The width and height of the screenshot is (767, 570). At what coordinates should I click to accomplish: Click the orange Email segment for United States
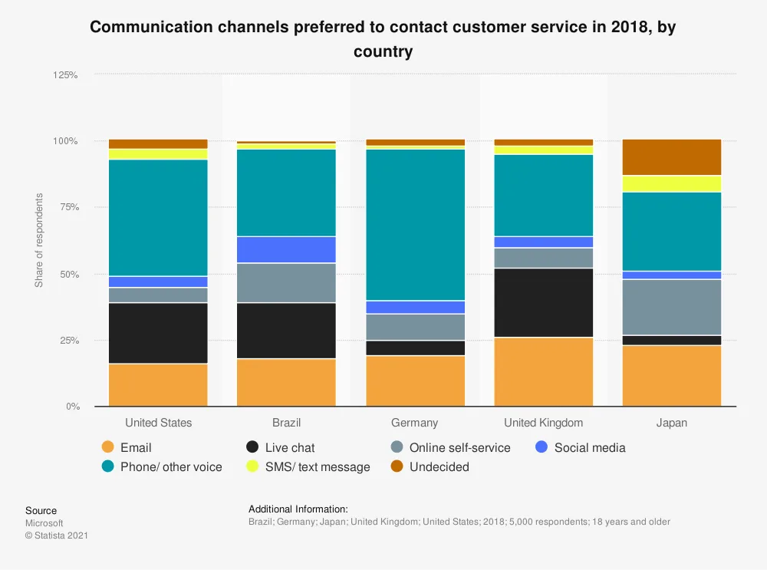(158, 384)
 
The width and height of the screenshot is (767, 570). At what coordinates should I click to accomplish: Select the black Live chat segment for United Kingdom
(544, 303)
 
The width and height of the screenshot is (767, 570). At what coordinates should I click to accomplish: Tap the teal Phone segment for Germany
(415, 225)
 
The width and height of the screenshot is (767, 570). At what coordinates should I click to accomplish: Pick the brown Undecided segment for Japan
(672, 157)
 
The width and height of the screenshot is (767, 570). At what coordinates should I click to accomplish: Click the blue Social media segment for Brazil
(286, 249)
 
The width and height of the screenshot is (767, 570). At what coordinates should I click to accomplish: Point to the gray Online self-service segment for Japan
(672, 307)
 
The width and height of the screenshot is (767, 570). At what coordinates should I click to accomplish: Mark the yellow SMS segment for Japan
(672, 183)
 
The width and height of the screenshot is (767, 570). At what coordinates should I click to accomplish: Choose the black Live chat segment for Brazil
(286, 330)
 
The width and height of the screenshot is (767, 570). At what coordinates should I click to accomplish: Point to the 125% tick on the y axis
(66, 75)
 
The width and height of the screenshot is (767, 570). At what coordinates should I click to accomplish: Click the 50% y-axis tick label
(68, 274)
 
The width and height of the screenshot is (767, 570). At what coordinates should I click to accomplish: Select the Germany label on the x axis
(415, 423)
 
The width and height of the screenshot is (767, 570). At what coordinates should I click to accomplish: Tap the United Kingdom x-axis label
(544, 423)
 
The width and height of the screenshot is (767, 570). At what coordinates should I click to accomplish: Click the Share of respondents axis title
(39, 240)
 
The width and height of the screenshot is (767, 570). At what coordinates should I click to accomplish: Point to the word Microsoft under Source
(44, 523)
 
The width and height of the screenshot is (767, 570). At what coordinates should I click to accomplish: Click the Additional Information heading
(298, 509)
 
